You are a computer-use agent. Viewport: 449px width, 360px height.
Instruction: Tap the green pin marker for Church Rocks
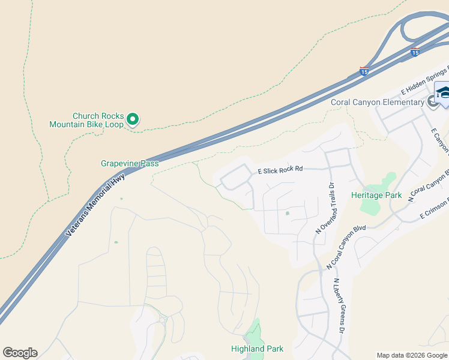[133, 119]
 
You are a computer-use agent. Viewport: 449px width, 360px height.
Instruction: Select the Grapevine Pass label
[130, 163]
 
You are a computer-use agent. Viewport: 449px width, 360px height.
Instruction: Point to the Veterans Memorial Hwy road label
[95, 205]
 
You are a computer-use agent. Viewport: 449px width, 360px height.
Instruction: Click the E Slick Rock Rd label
[280, 170]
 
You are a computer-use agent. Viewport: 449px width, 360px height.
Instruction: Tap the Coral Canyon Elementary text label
[377, 102]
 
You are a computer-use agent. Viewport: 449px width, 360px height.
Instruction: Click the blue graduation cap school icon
[443, 92]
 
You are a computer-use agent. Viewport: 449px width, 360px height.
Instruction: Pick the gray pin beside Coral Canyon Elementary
[433, 102]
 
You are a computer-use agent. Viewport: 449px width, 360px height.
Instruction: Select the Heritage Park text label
[376, 196]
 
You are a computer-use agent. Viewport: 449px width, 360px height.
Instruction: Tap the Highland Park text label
[257, 349]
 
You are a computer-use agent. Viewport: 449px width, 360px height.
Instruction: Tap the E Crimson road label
[435, 207]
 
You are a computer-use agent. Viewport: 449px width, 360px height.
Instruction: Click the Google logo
[20, 353]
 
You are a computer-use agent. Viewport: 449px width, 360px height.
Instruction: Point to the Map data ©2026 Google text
[412, 355]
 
